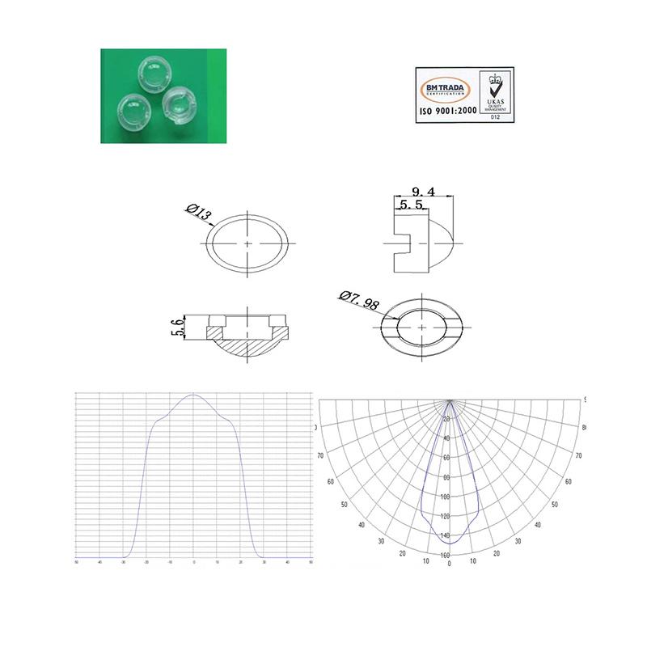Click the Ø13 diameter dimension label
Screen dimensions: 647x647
[199, 215]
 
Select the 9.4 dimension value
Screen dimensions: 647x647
[423, 192]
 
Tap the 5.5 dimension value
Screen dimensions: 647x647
[412, 205]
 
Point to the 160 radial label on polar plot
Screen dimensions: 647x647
[446, 555]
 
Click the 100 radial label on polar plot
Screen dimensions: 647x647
[446, 497]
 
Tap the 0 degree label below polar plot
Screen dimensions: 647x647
[449, 564]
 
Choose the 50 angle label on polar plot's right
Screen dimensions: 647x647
[554, 505]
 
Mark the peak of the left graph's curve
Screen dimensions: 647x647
[193, 395]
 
